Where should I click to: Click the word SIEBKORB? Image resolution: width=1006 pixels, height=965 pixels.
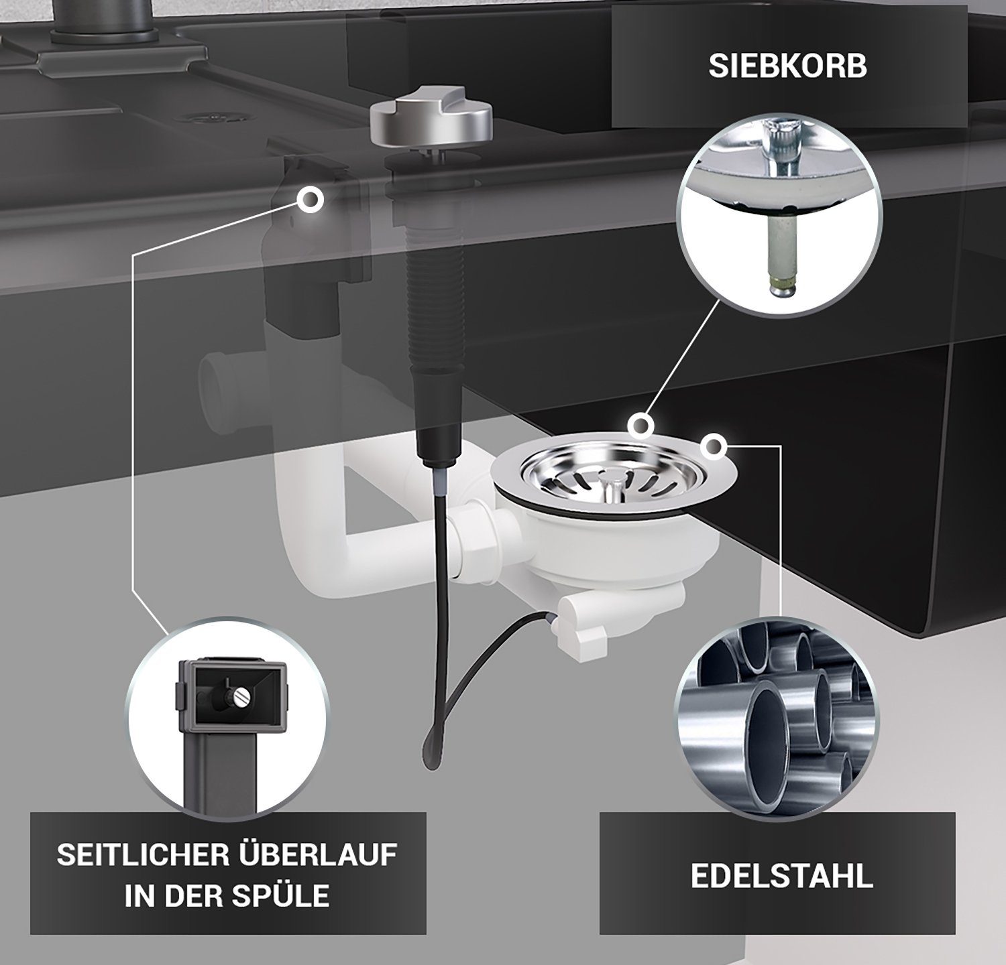788,67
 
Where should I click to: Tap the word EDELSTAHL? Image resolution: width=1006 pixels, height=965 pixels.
782,877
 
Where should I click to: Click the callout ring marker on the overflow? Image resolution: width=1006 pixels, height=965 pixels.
310,200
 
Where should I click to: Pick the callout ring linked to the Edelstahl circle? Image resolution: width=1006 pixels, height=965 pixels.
714,444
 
